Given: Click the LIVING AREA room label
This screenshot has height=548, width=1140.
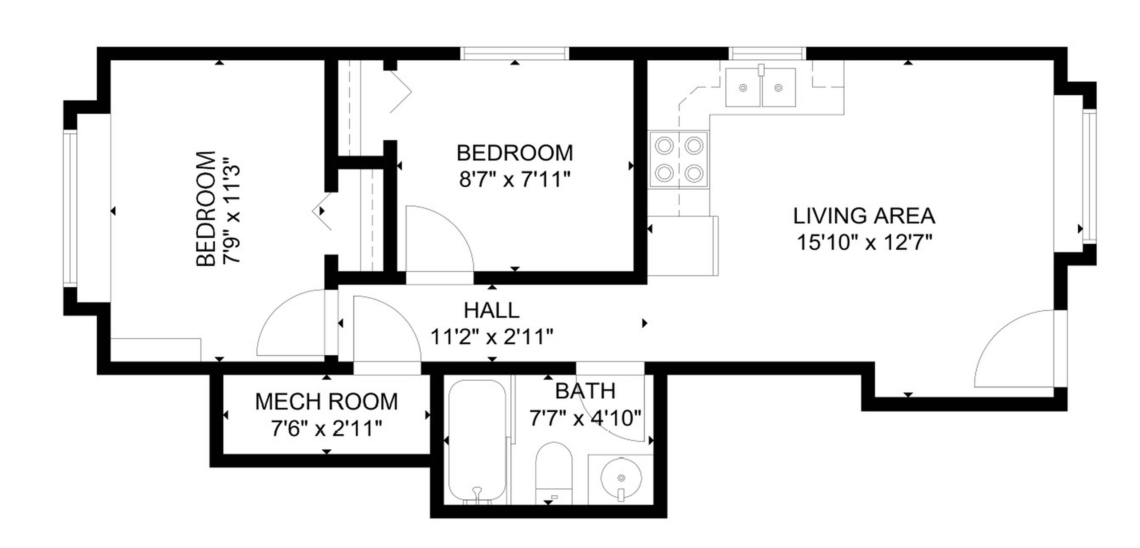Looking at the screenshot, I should tap(864, 216).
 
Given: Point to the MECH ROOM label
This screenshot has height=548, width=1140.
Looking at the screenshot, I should tap(327, 401).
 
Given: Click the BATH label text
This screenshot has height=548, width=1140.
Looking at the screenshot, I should tap(585, 391).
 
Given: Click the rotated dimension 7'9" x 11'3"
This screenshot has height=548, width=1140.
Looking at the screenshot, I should tap(232, 209).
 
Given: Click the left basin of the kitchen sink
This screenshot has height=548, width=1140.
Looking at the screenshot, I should tap(743, 88).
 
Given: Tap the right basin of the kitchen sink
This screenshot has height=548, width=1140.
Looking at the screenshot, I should tap(778, 88).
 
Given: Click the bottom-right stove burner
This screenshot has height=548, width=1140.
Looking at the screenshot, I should tap(693, 173).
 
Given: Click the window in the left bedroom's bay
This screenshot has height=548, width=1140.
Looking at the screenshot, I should tap(70, 208).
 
